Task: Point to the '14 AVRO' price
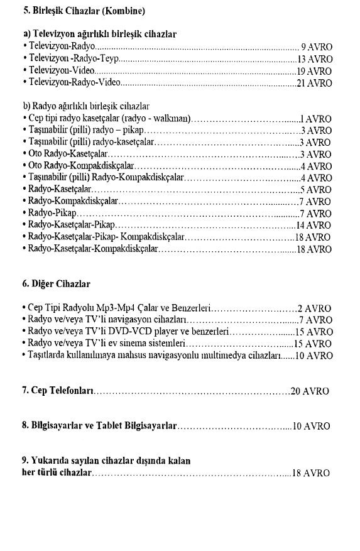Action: click(x=314, y=225)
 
